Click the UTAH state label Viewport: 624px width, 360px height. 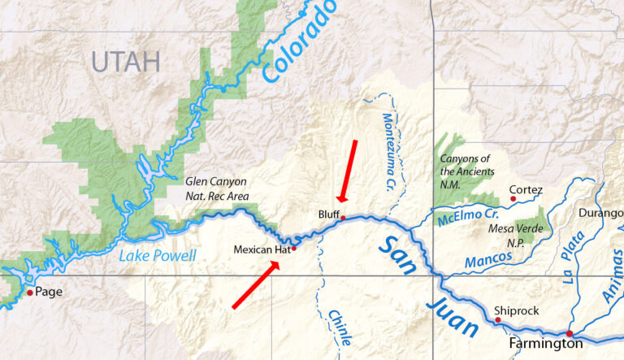coord(125,61)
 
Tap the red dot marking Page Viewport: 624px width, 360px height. coord(30,293)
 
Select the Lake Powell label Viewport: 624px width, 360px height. coord(158,256)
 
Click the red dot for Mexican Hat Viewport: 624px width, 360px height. coord(293,249)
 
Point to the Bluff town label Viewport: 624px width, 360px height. coord(328,214)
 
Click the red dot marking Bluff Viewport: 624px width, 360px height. coord(343,218)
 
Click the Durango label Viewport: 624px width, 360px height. coord(600,213)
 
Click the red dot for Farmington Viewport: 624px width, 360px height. coord(570,333)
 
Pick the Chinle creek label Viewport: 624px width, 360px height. coord(340,329)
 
